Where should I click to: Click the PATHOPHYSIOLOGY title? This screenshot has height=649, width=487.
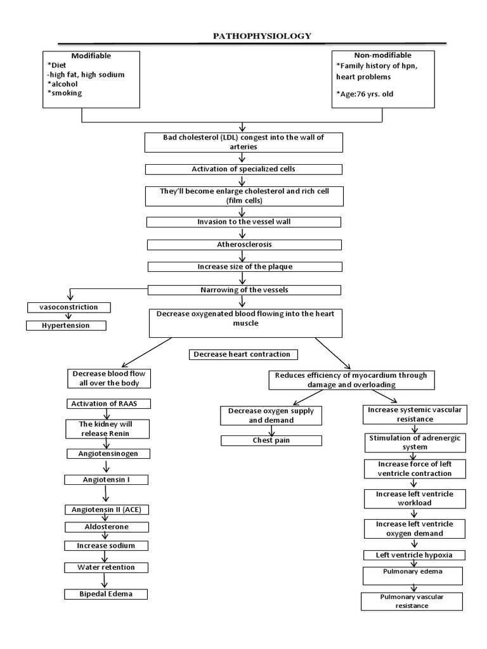coord(262,36)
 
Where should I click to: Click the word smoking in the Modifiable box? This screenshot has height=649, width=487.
coord(65,93)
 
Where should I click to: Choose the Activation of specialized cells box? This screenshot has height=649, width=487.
coord(243,169)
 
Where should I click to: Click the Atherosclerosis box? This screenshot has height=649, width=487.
coord(243,243)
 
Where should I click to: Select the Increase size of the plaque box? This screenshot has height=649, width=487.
coord(243,267)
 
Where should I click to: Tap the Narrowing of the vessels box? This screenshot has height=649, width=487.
coord(243,290)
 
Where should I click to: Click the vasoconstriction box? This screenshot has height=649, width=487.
coord(69,307)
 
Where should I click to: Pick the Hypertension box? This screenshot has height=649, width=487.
coord(66,325)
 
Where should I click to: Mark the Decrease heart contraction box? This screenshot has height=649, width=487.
coord(243,354)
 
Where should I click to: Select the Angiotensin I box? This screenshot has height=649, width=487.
coord(107,480)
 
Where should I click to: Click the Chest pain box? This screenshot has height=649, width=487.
coord(271,440)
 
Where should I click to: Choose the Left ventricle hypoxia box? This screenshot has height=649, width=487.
coord(413,555)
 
